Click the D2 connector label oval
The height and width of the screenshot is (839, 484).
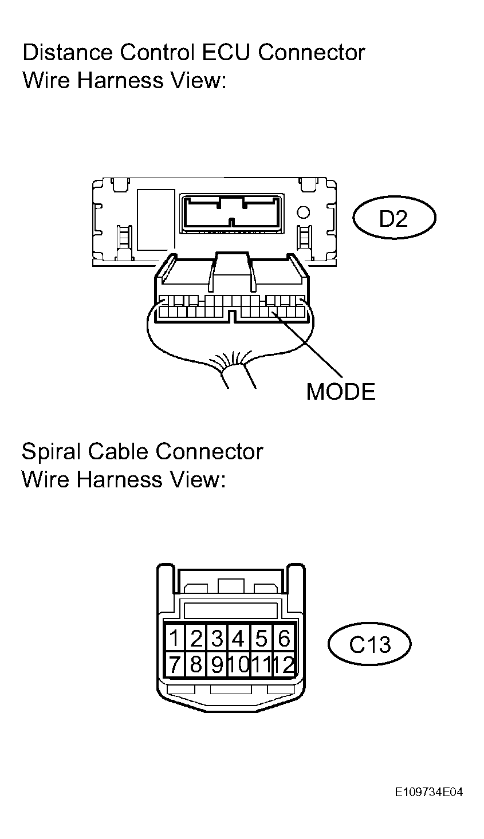(x=394, y=219)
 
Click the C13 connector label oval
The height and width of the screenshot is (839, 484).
(x=369, y=645)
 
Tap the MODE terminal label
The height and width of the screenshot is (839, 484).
(x=340, y=392)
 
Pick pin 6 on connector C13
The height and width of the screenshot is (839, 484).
(x=284, y=638)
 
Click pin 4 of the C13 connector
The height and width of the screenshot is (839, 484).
(x=239, y=638)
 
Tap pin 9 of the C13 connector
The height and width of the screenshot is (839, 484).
(x=217, y=665)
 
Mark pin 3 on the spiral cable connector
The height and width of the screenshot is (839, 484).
(x=217, y=638)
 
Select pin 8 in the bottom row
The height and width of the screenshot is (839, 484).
(x=195, y=665)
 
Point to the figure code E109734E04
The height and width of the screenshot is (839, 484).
(x=428, y=793)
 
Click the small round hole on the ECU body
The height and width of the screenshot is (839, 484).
(x=304, y=213)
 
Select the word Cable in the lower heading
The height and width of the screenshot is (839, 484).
(x=119, y=452)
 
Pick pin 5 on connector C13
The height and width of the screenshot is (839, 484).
(x=262, y=638)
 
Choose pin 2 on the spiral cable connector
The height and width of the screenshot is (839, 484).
(x=196, y=638)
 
